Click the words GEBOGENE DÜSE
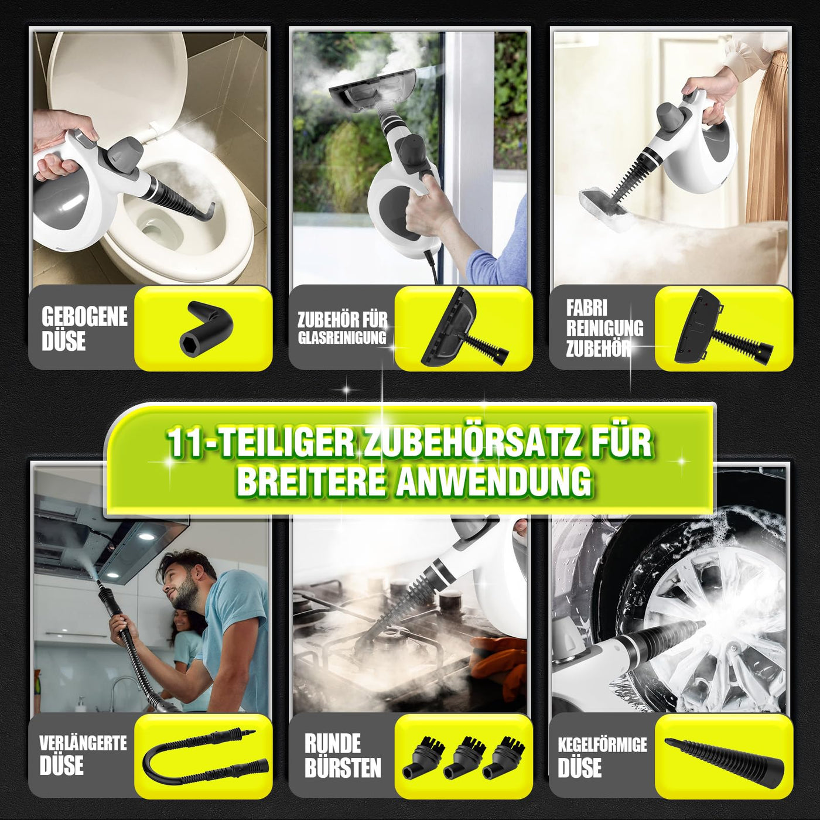point(84,329)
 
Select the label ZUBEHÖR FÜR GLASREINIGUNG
point(342,328)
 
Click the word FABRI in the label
point(586,308)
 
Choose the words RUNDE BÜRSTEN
point(342,756)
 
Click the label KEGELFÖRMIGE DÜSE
point(602,756)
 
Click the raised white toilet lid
point(117,76)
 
